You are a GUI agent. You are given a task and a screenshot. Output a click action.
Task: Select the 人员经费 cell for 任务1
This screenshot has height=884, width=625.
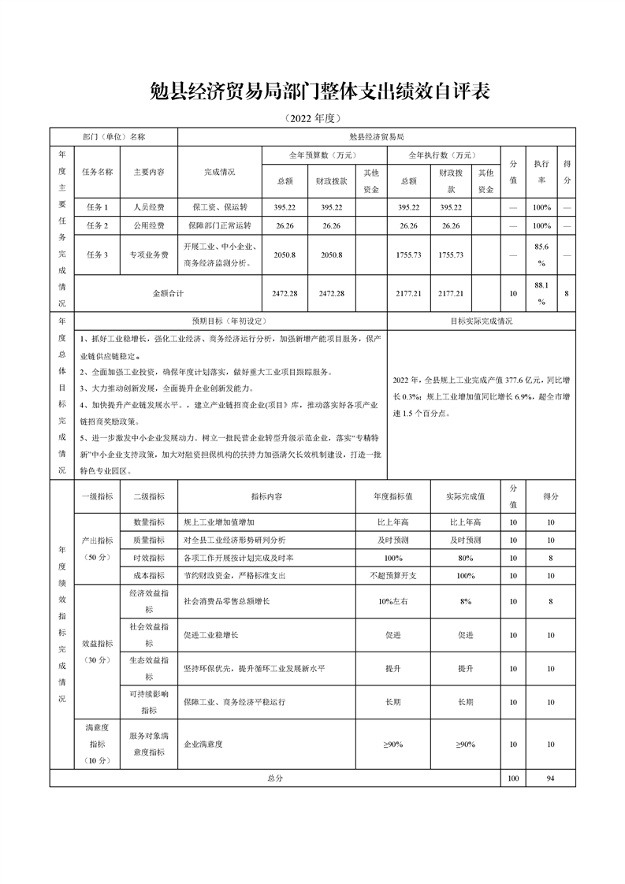coord(149,207)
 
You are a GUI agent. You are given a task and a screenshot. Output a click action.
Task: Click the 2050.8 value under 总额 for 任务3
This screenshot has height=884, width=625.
coord(285,255)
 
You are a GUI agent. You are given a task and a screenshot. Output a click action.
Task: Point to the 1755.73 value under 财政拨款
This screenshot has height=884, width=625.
coord(451,255)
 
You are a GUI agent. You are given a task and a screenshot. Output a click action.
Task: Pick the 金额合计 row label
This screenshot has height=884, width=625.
coord(167,293)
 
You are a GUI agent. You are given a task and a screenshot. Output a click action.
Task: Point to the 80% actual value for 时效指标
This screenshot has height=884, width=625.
coord(465,558)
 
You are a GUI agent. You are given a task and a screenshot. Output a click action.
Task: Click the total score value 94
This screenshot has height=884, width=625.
coord(550,778)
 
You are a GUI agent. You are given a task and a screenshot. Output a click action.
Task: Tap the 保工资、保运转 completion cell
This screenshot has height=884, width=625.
coord(220,207)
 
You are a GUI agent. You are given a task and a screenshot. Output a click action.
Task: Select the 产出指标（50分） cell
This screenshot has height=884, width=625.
coord(98,548)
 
